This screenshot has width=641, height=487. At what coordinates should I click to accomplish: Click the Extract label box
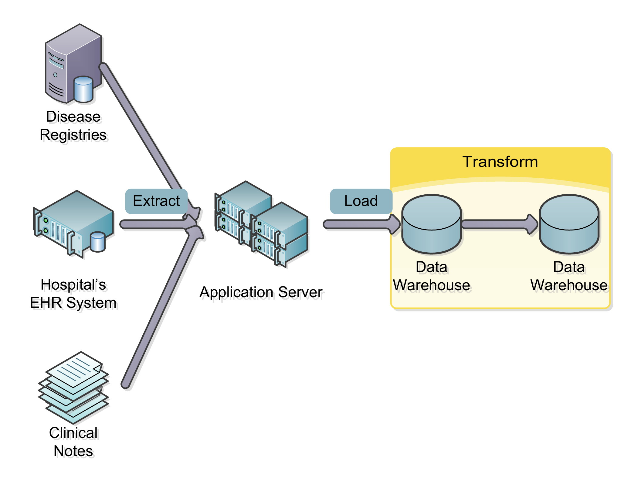156,201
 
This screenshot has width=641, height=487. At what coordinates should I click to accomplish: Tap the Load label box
361,201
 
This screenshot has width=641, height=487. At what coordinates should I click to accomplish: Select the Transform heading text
500,162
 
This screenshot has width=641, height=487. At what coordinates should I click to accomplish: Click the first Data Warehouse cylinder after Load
432,224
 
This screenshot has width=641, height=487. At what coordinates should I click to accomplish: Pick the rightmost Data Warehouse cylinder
569,224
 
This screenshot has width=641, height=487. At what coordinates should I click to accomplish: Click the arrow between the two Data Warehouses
498,224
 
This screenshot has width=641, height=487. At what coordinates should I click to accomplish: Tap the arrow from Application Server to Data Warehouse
358,224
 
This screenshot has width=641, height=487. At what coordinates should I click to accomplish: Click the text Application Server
261,292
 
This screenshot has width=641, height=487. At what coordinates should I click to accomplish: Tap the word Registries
73,135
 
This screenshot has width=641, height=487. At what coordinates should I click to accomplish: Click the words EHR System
73,303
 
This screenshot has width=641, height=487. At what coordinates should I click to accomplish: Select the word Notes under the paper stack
73,451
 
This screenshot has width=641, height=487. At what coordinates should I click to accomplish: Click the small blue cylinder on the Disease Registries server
83,89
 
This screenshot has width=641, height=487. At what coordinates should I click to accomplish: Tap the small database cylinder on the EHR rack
98,242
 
